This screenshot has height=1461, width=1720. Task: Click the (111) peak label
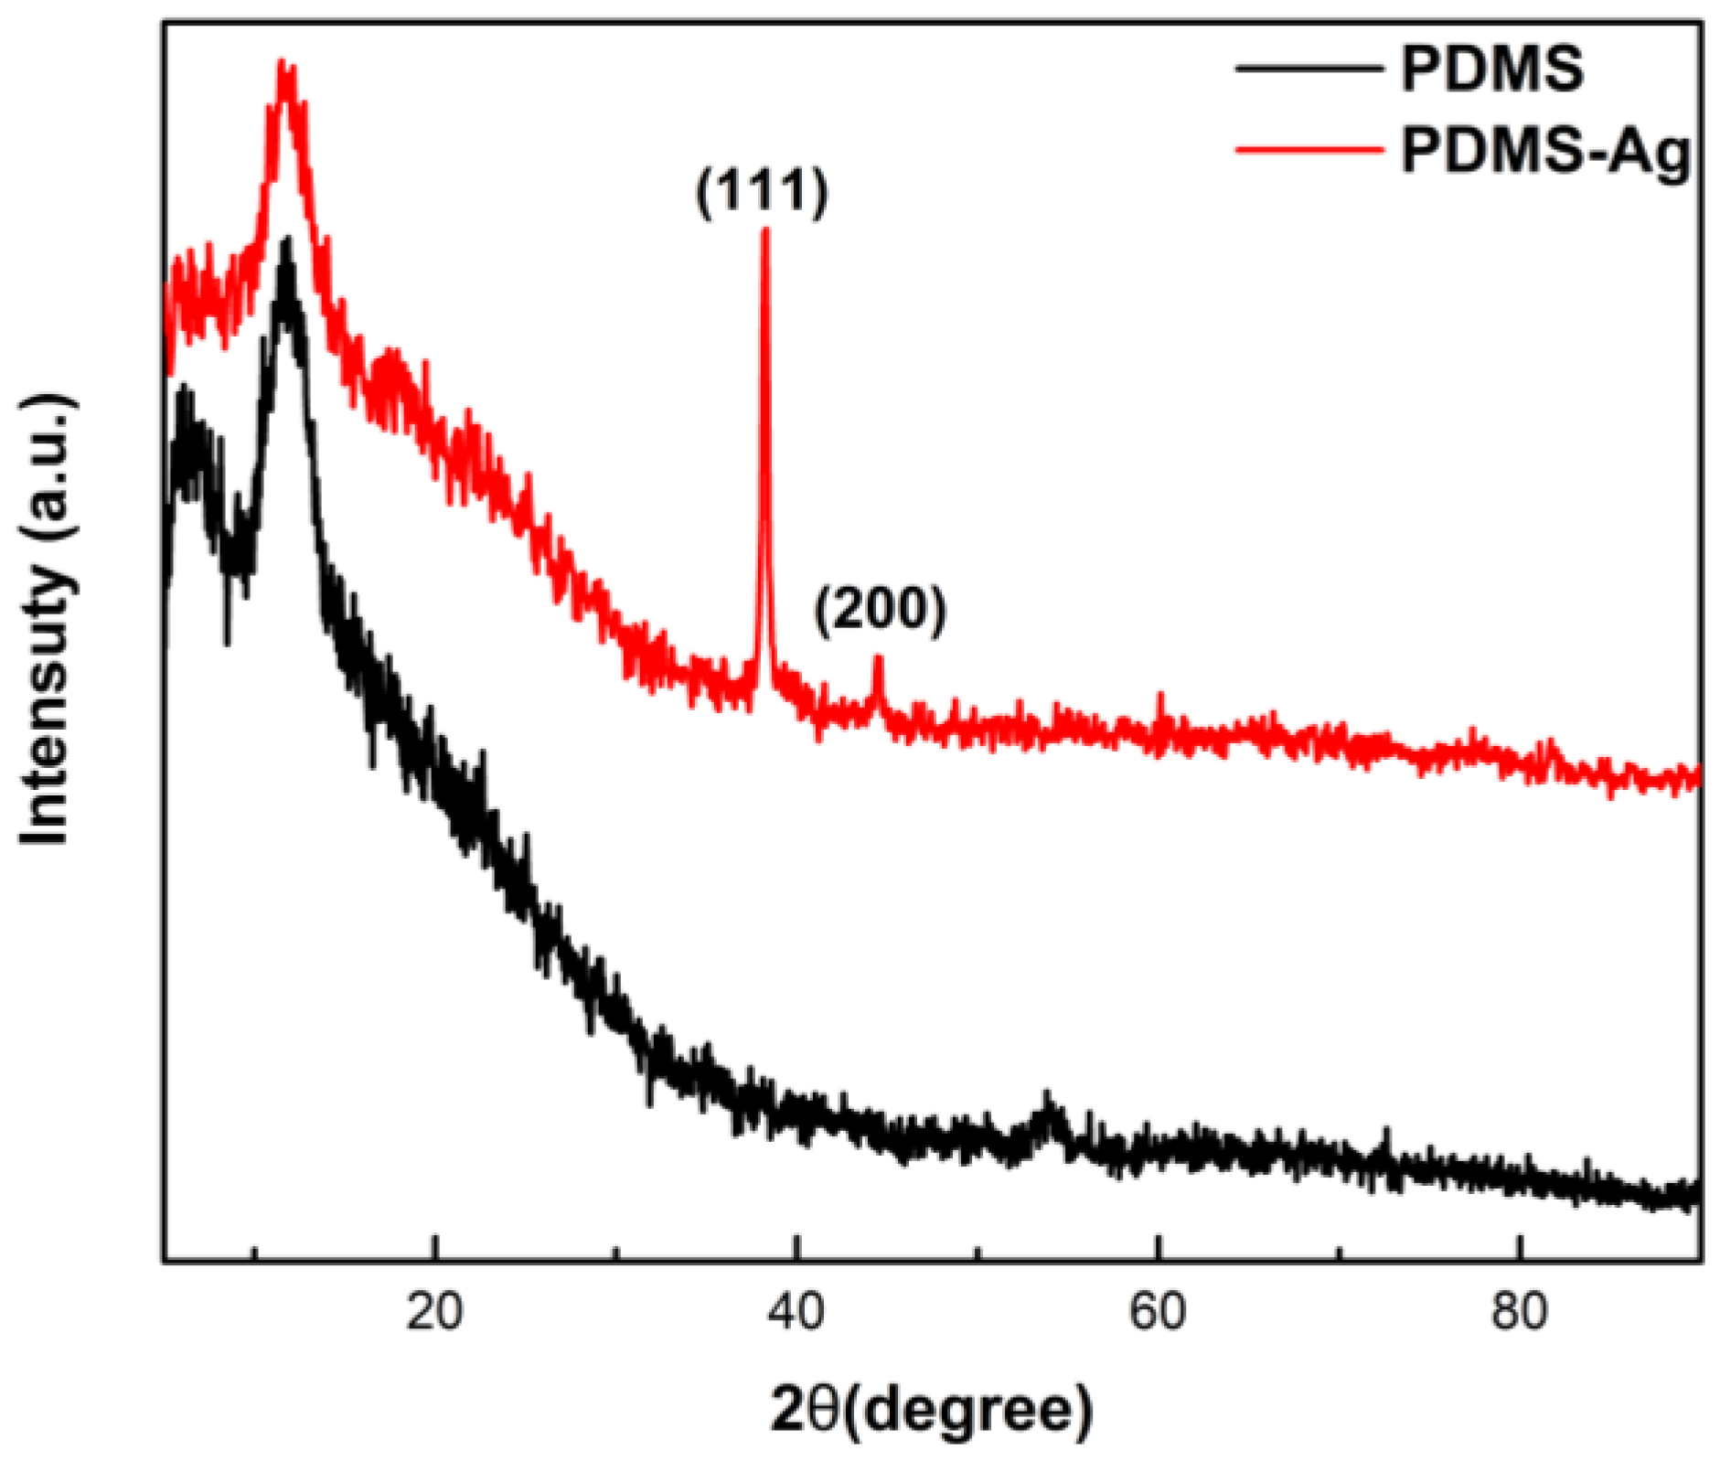pyautogui.click(x=762, y=192)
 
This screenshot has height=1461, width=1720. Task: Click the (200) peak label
pyautogui.click(x=881, y=610)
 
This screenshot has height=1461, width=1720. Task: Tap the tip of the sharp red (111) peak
pyautogui.click(x=765, y=230)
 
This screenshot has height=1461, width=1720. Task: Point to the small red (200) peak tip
pyautogui.click(x=878, y=658)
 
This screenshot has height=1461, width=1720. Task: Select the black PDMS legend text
pyautogui.click(x=1492, y=69)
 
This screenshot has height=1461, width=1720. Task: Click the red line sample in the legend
pyautogui.click(x=1308, y=148)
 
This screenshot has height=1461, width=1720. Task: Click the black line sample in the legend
pyautogui.click(x=1308, y=69)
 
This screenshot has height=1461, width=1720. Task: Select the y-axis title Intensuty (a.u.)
pyautogui.click(x=46, y=622)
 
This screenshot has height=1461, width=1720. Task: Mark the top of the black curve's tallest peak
pyautogui.click(x=288, y=242)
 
